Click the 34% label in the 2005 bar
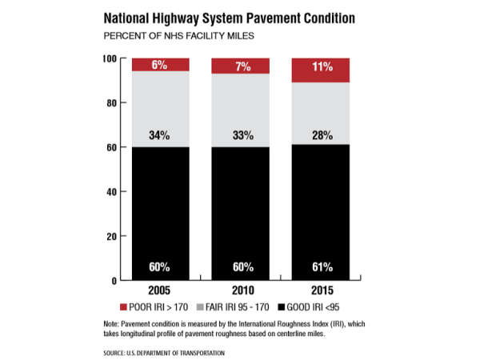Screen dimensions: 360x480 (x=161, y=136)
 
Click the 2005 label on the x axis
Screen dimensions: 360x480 (x=161, y=290)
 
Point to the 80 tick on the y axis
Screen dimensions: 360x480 (x=111, y=103)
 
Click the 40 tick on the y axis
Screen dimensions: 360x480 (x=111, y=192)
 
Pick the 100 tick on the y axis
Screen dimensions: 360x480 (x=110, y=58)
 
